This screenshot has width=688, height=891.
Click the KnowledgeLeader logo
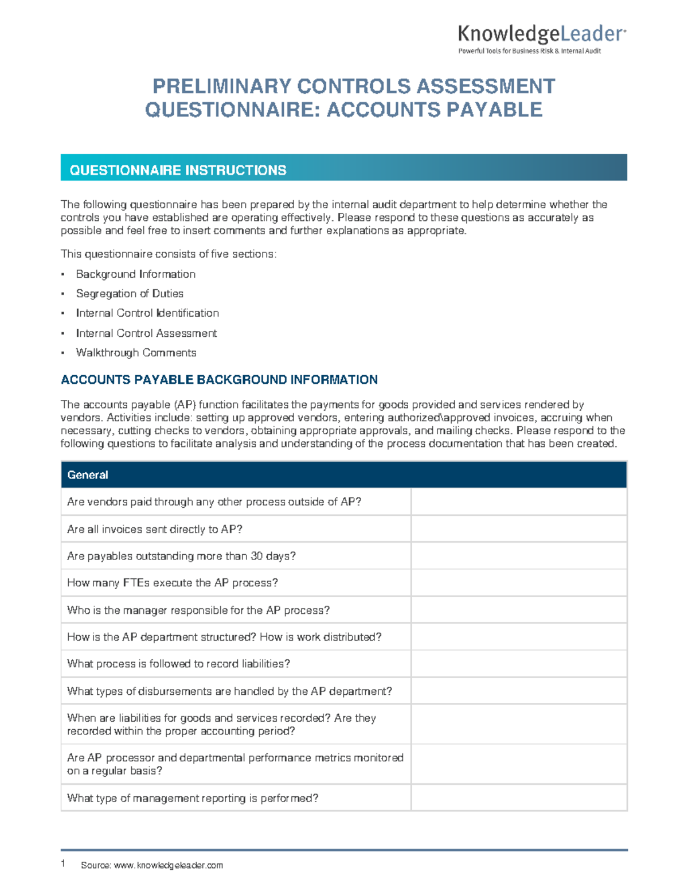pyautogui.click(x=541, y=34)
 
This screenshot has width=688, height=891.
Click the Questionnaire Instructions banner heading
pyautogui.click(x=178, y=170)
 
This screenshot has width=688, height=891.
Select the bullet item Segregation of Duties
pyautogui.click(x=130, y=294)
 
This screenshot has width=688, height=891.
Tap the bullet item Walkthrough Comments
pyautogui.click(x=136, y=353)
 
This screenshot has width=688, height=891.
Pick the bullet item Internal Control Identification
pyautogui.click(x=147, y=313)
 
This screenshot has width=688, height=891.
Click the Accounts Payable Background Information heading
pyautogui.click(x=219, y=380)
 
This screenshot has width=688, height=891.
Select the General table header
pyautogui.click(x=88, y=475)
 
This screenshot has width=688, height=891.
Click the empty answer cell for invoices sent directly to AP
pyautogui.click(x=518, y=529)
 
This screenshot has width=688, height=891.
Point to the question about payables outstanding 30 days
pyautogui.click(x=181, y=556)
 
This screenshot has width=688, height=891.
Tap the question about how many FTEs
pyautogui.click(x=172, y=583)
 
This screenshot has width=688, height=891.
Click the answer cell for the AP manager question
pyautogui.click(x=518, y=610)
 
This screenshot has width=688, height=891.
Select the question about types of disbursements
pyautogui.click(x=229, y=691)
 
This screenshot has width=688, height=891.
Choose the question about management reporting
pyautogui.click(x=193, y=798)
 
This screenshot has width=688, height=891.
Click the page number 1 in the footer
pyautogui.click(x=64, y=864)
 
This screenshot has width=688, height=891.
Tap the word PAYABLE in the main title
pyautogui.click(x=494, y=110)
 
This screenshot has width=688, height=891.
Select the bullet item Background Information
pyautogui.click(x=135, y=274)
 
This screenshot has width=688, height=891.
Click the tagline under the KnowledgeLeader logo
pyautogui.click(x=529, y=51)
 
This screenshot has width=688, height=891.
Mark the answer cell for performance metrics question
pyautogui.click(x=518, y=764)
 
